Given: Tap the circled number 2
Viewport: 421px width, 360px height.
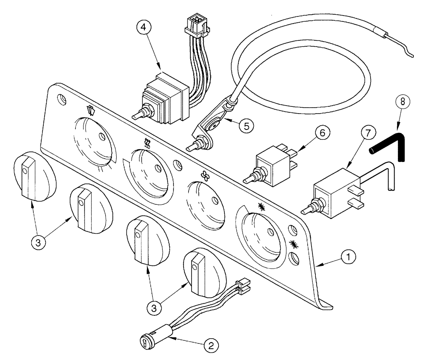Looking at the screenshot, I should click(211, 346).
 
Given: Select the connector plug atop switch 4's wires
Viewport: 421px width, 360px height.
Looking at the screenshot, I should click(196, 25).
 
